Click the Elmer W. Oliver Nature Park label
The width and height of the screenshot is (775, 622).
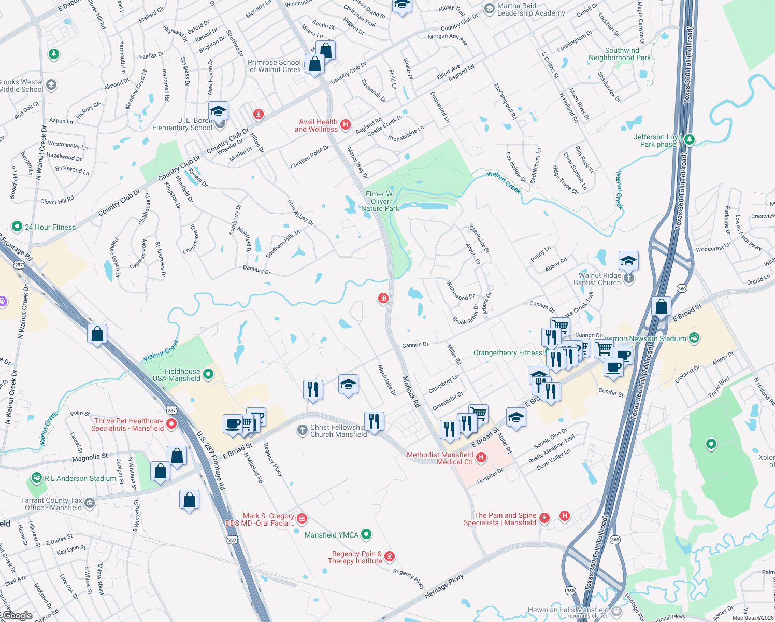click(380, 201)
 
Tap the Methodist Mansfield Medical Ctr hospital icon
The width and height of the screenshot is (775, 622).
click(481, 457)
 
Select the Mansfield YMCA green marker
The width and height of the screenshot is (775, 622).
click(366, 533)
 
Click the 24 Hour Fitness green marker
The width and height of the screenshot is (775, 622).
click(17, 227)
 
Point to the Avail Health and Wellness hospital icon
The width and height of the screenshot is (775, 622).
click(346, 124)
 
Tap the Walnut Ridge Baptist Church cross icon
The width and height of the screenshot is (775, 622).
click(628, 278)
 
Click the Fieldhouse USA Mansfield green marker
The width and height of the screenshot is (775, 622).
click(208, 374)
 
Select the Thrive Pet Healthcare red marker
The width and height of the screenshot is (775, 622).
click(171, 424)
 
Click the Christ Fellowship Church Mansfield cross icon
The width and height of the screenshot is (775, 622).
click(303, 430)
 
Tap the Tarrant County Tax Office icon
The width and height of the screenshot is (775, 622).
click(90, 502)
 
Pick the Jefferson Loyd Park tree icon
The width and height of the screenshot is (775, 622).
click(689, 139)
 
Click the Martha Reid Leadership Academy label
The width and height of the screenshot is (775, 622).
click(530, 9)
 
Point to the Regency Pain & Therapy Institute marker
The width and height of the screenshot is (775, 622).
click(390, 556)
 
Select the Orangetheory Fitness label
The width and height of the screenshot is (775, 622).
click(507, 352)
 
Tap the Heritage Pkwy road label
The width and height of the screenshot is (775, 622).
click(443, 585)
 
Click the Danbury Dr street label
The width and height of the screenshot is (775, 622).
click(257, 270)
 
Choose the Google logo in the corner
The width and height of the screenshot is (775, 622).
click(17, 616)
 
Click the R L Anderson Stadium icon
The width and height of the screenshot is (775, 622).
click(36, 477)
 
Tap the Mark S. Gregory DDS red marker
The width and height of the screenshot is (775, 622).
click(302, 518)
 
